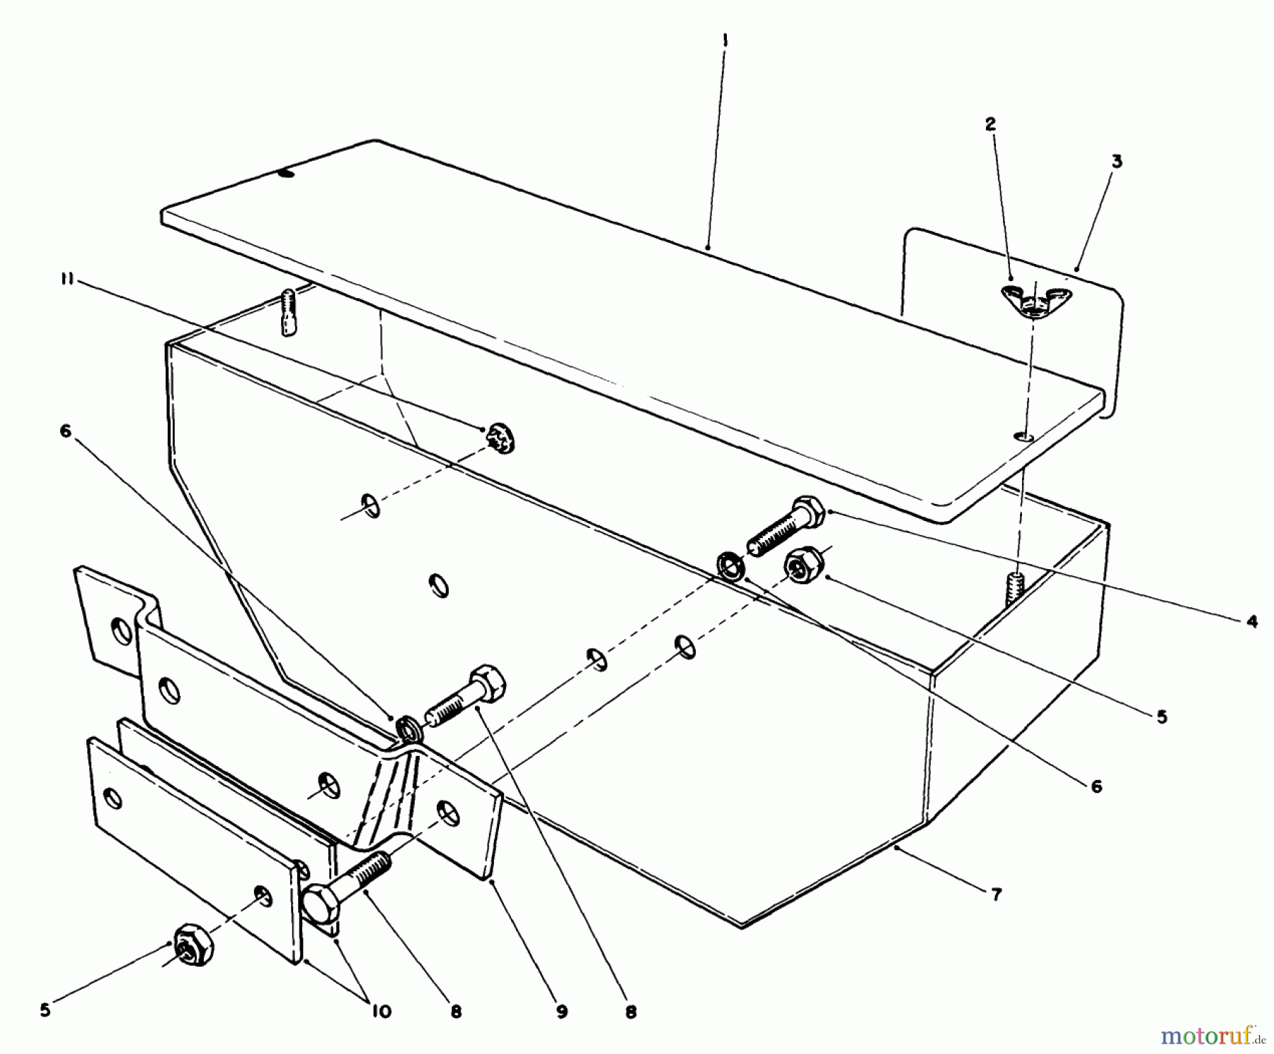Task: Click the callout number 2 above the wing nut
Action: coord(990,125)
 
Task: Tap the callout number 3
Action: coord(1116,161)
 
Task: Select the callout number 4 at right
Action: coord(1252,622)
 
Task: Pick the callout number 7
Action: coord(996,895)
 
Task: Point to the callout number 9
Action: coord(561,1012)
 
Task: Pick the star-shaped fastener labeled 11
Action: coord(500,439)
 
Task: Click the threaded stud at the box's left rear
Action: coord(287,311)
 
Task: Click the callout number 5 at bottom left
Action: coord(45,1010)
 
